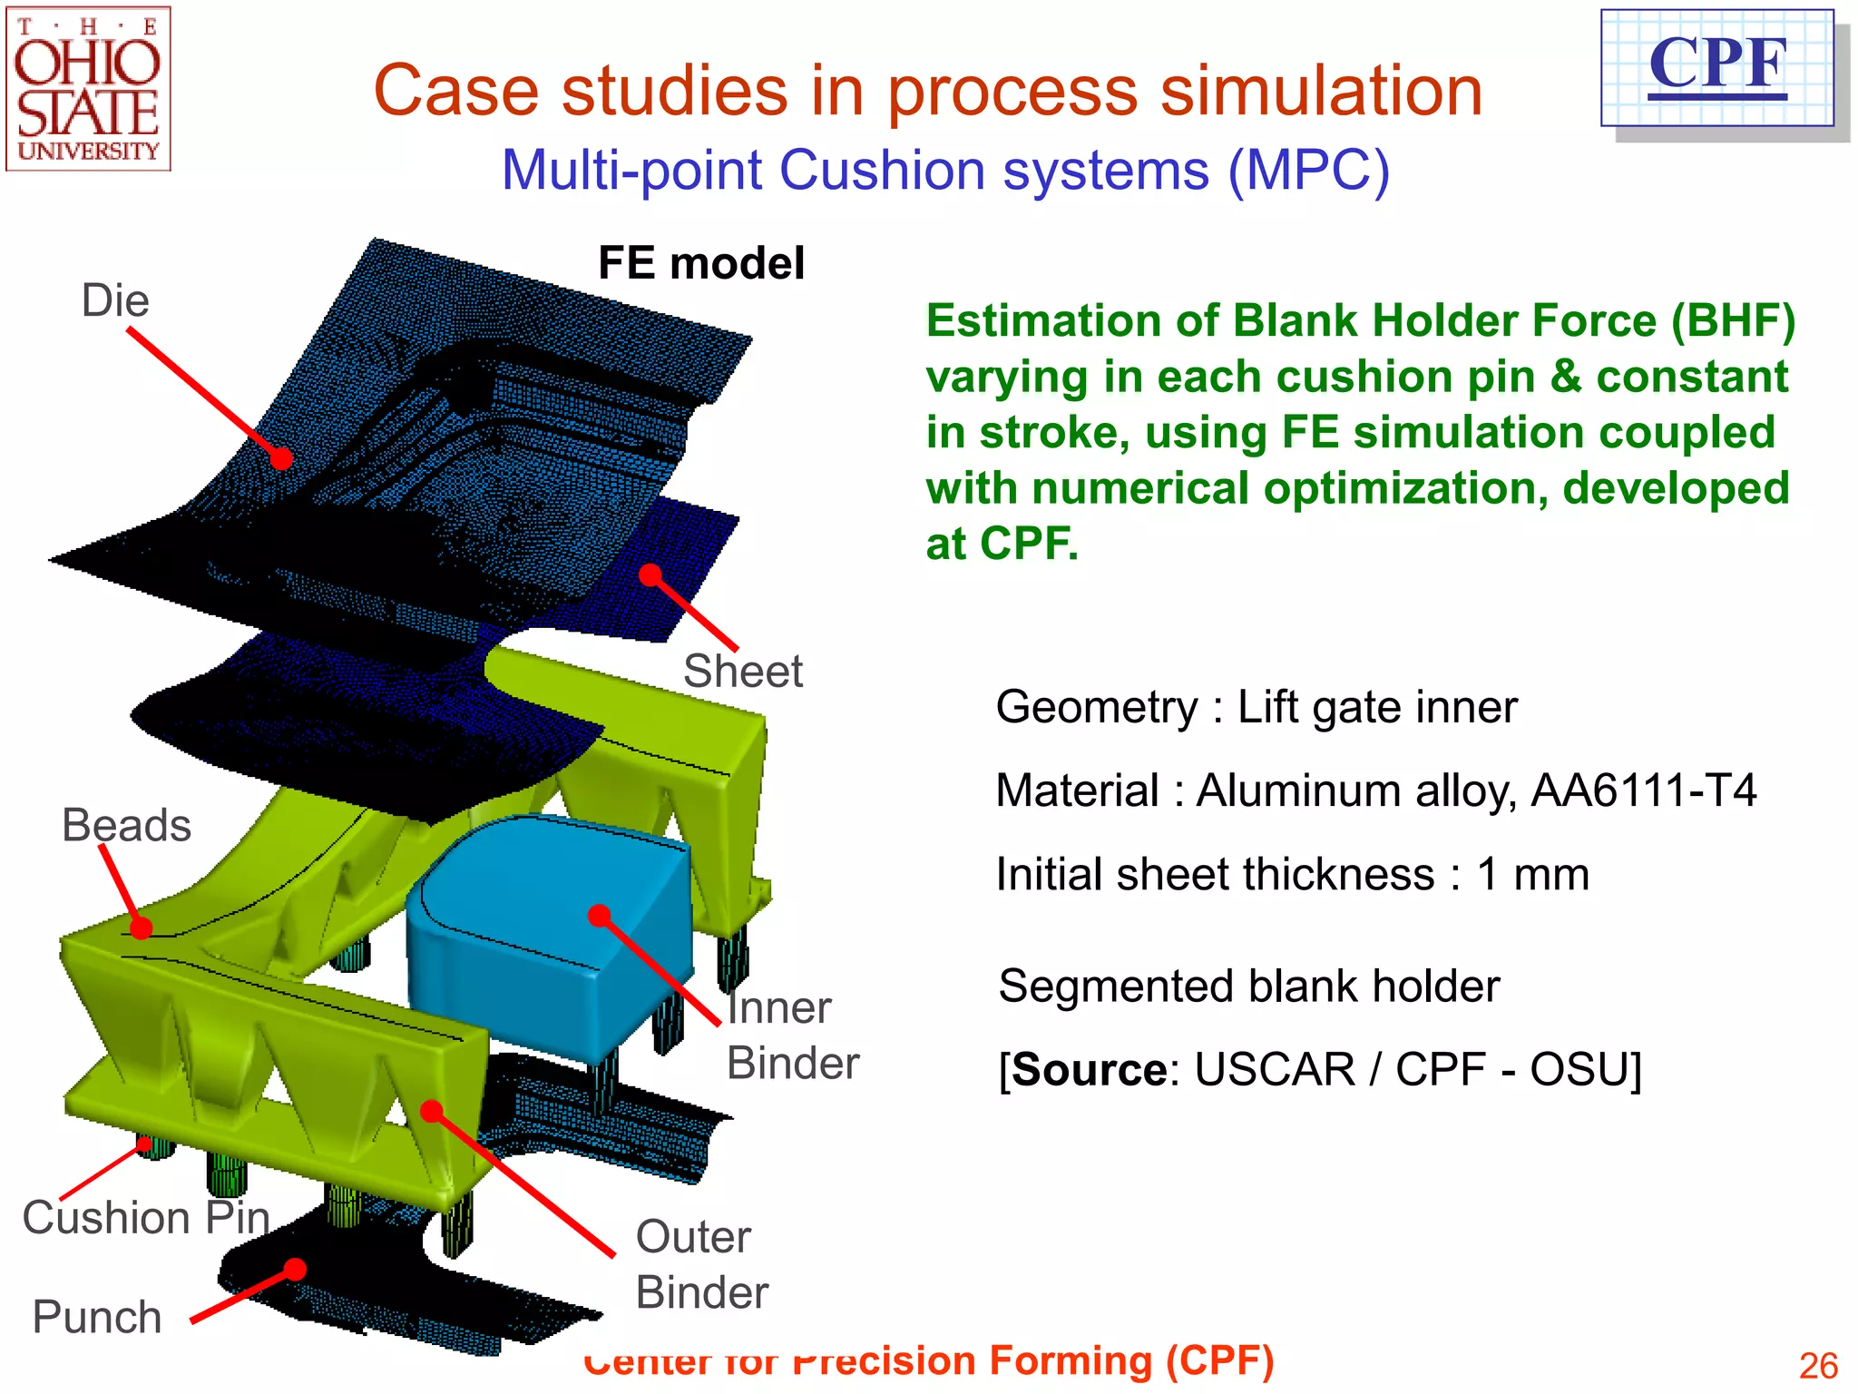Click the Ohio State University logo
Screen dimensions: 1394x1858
click(x=88, y=89)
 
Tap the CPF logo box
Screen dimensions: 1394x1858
click(x=1716, y=68)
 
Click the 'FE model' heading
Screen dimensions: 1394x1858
click(x=700, y=263)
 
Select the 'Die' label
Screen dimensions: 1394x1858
click(x=115, y=300)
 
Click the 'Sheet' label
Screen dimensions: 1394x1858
click(x=742, y=672)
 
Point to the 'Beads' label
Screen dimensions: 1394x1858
click(x=126, y=825)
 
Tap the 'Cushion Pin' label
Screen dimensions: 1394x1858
click(x=146, y=1217)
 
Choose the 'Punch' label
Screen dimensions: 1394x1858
click(x=97, y=1317)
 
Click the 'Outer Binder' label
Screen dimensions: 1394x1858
click(x=700, y=1263)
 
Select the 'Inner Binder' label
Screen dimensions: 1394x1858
click(x=791, y=1035)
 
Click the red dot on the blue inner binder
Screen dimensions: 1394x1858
click(x=599, y=915)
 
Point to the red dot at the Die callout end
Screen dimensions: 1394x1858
click(x=282, y=459)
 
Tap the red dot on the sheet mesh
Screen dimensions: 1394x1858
click(x=650, y=574)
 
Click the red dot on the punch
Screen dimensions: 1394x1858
click(x=295, y=1269)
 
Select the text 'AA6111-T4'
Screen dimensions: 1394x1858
click(x=1643, y=790)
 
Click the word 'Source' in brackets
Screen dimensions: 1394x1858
click(x=1089, y=1069)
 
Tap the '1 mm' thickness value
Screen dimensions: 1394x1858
click(x=1532, y=874)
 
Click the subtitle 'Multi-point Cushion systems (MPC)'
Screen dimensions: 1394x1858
click(x=944, y=170)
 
